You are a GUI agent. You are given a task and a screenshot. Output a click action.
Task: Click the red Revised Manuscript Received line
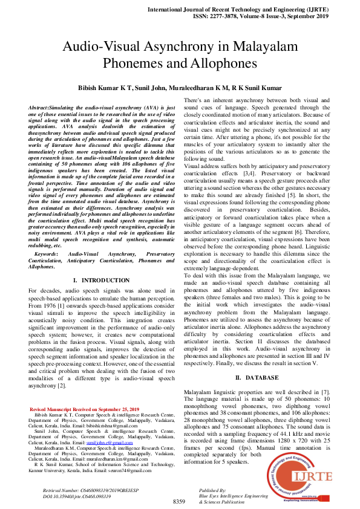tap(84, 410)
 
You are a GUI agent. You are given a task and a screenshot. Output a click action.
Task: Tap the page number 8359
tap(179, 502)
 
